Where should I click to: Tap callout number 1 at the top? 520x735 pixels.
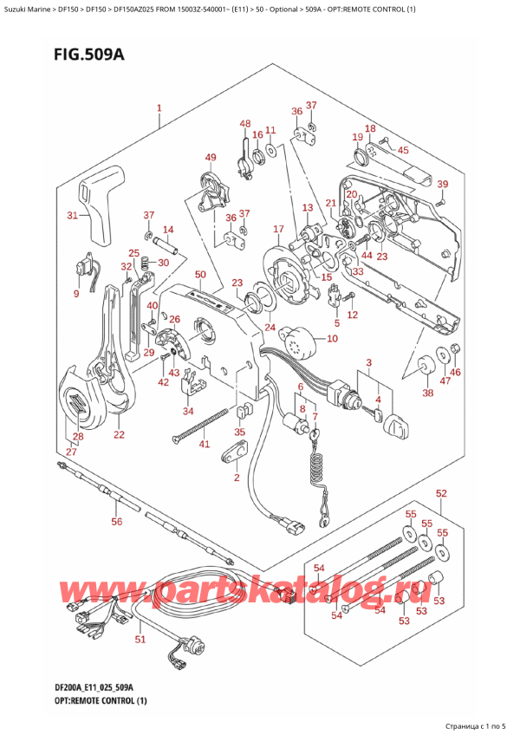[x=159, y=109]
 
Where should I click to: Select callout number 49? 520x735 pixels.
[x=210, y=157]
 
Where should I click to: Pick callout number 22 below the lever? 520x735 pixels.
[x=119, y=434]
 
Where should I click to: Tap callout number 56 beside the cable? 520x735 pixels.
[x=117, y=522]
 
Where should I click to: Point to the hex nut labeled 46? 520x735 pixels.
[x=457, y=351]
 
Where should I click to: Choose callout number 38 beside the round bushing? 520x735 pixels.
[x=426, y=393]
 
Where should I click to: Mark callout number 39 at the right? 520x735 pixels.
[x=442, y=184]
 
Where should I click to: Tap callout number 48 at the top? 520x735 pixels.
[x=245, y=124]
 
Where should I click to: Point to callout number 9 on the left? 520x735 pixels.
[x=75, y=294]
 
